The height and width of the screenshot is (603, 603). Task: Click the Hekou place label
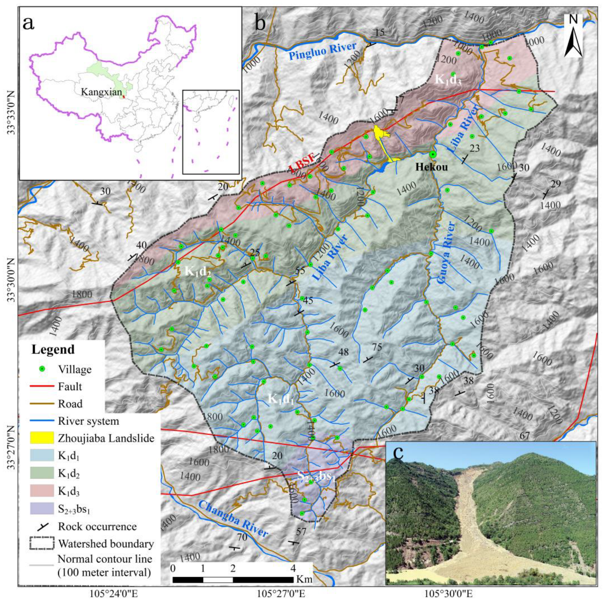pos(431,167)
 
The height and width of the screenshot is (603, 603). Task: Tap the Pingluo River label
pos(322,51)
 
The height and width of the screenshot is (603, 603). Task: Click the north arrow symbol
pos(573,36)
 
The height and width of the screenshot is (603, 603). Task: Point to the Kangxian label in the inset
pos(101,92)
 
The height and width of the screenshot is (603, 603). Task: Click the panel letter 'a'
pos(28,23)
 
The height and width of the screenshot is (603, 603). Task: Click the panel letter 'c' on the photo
pos(398,452)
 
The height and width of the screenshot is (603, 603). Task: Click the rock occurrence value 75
pos(377,347)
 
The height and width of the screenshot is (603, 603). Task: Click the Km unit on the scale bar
pos(304,579)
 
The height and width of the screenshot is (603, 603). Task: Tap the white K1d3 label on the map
pos(448,80)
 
